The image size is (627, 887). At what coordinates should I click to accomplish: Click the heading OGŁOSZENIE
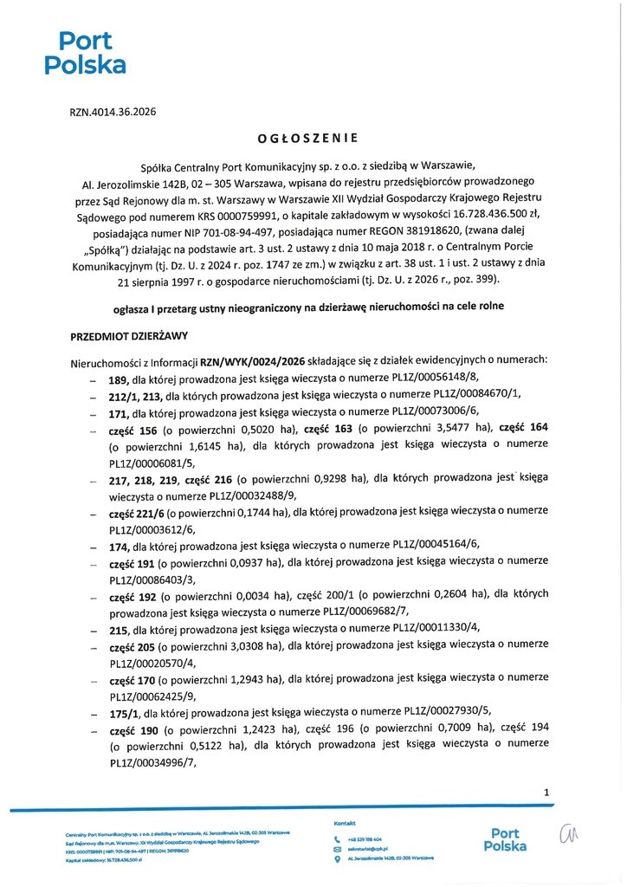tap(307, 138)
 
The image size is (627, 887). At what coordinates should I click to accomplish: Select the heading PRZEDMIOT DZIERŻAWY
tap(128, 335)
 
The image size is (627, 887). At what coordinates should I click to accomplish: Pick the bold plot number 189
tap(119, 379)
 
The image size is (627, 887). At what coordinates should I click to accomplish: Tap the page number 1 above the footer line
tap(546, 793)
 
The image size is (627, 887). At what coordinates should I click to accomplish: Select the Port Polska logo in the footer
tap(506, 840)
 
